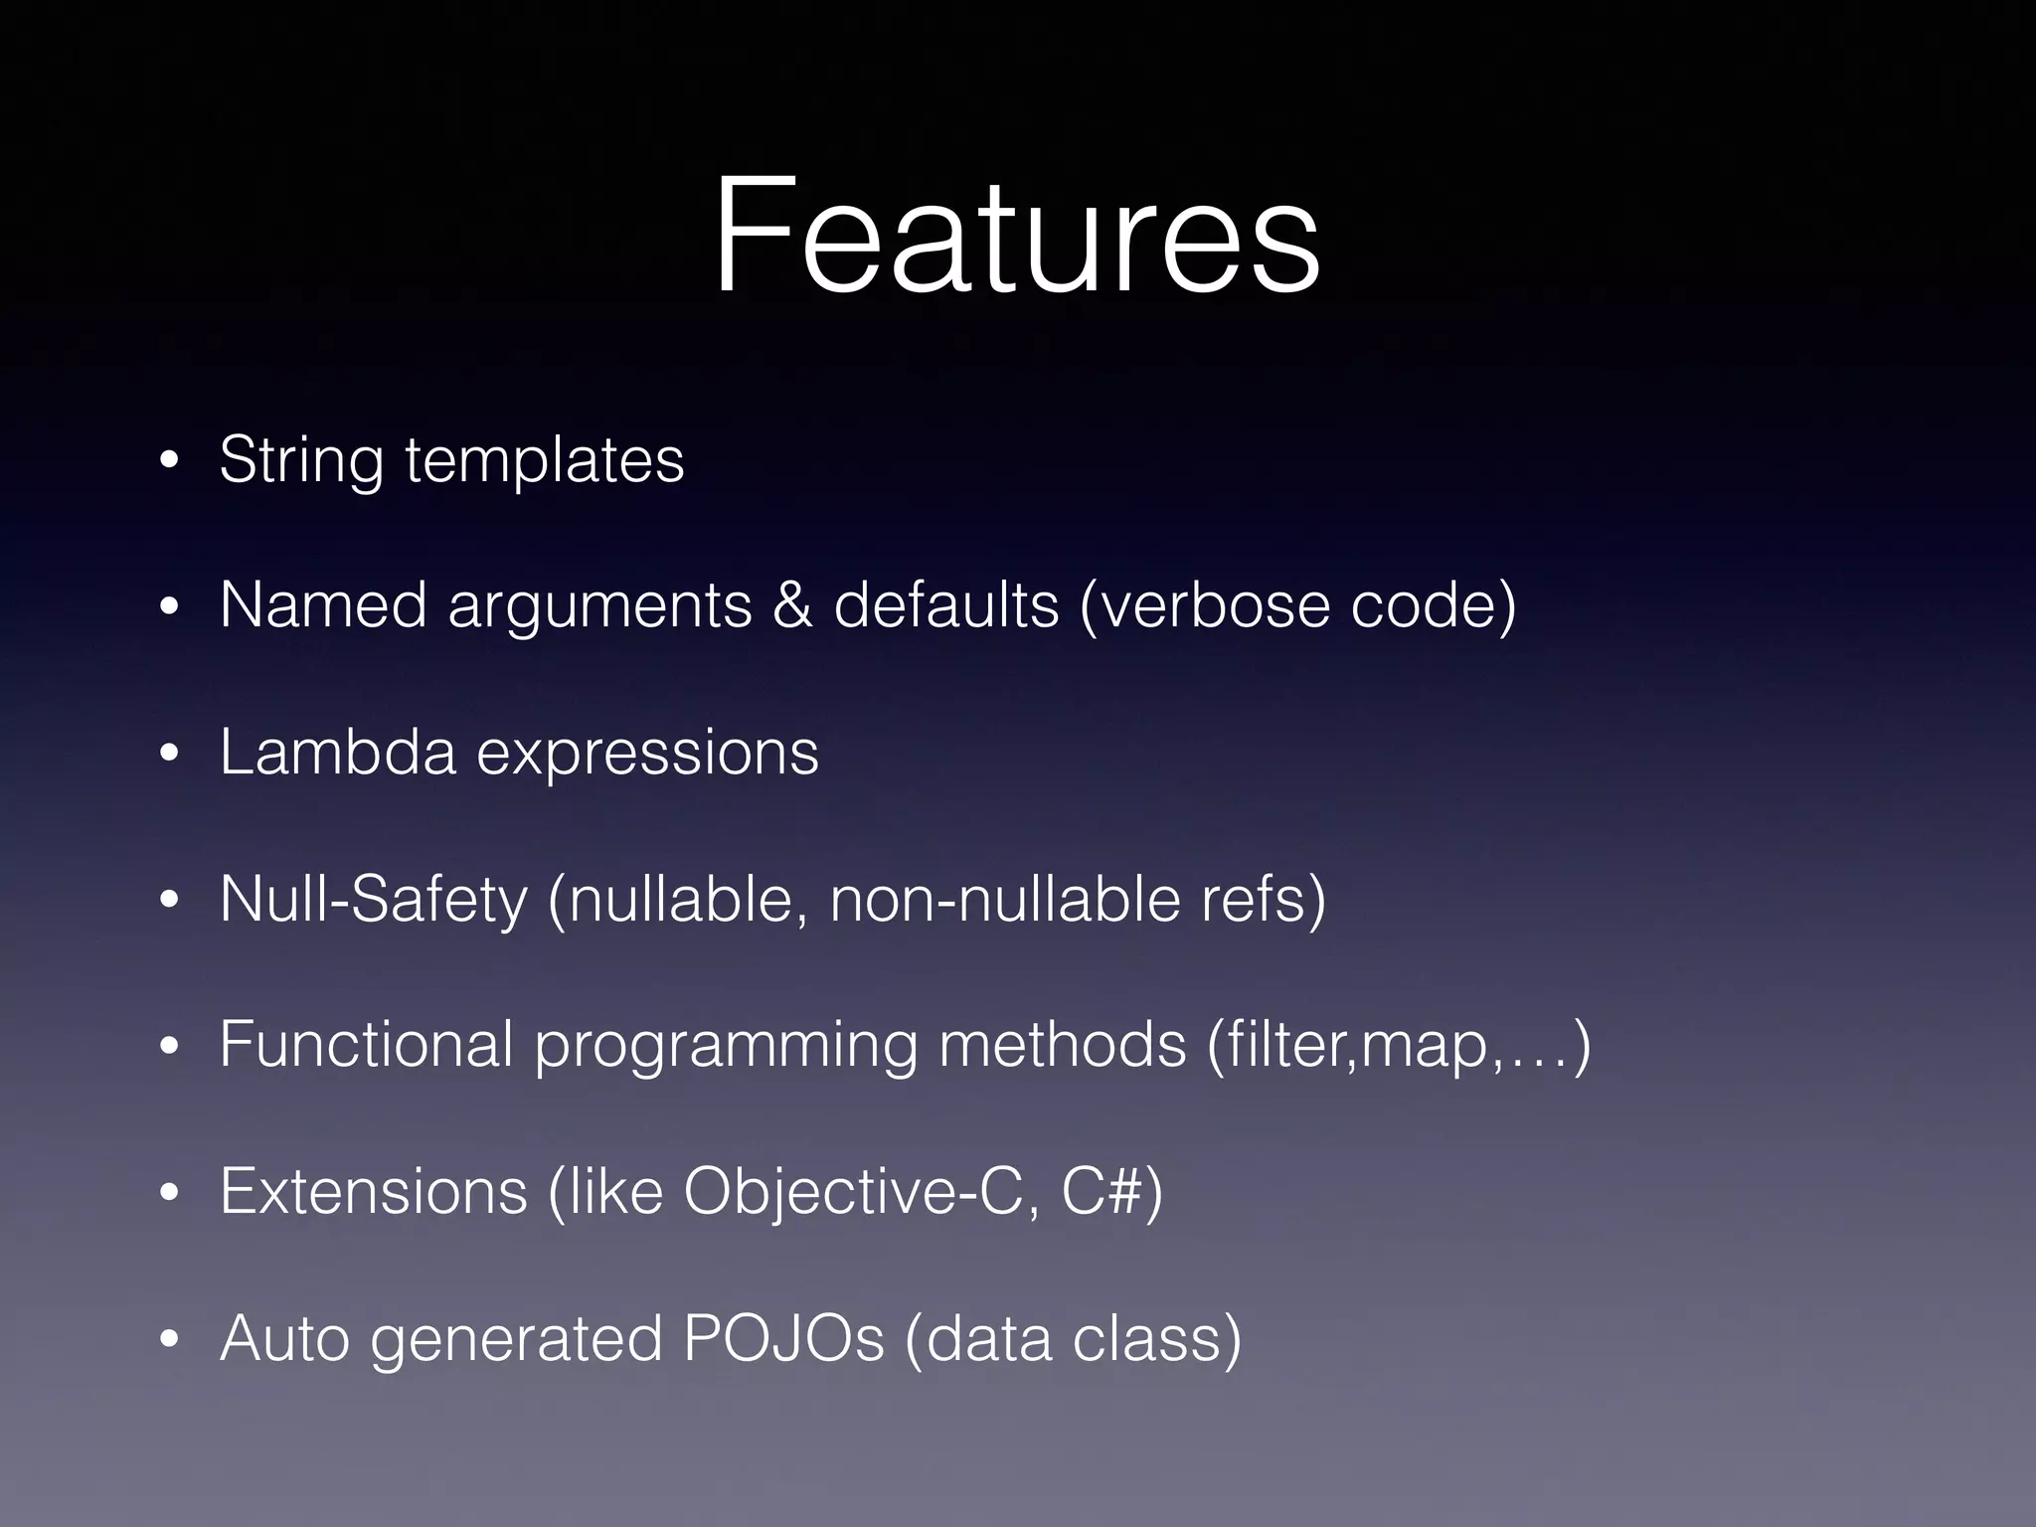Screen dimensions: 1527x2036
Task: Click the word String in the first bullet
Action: point(300,460)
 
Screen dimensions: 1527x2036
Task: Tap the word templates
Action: point(545,460)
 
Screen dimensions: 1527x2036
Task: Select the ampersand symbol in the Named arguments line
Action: point(791,605)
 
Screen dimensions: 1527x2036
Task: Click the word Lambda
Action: point(337,752)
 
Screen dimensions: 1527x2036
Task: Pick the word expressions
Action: point(648,754)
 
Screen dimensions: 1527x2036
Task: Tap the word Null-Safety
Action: point(373,900)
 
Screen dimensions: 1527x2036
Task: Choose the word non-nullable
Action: point(1004,899)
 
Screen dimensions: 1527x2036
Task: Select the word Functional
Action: point(366,1045)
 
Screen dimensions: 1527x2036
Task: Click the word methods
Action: point(1062,1045)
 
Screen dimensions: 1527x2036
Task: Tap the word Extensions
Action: point(373,1191)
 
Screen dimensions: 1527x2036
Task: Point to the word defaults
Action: point(945,605)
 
